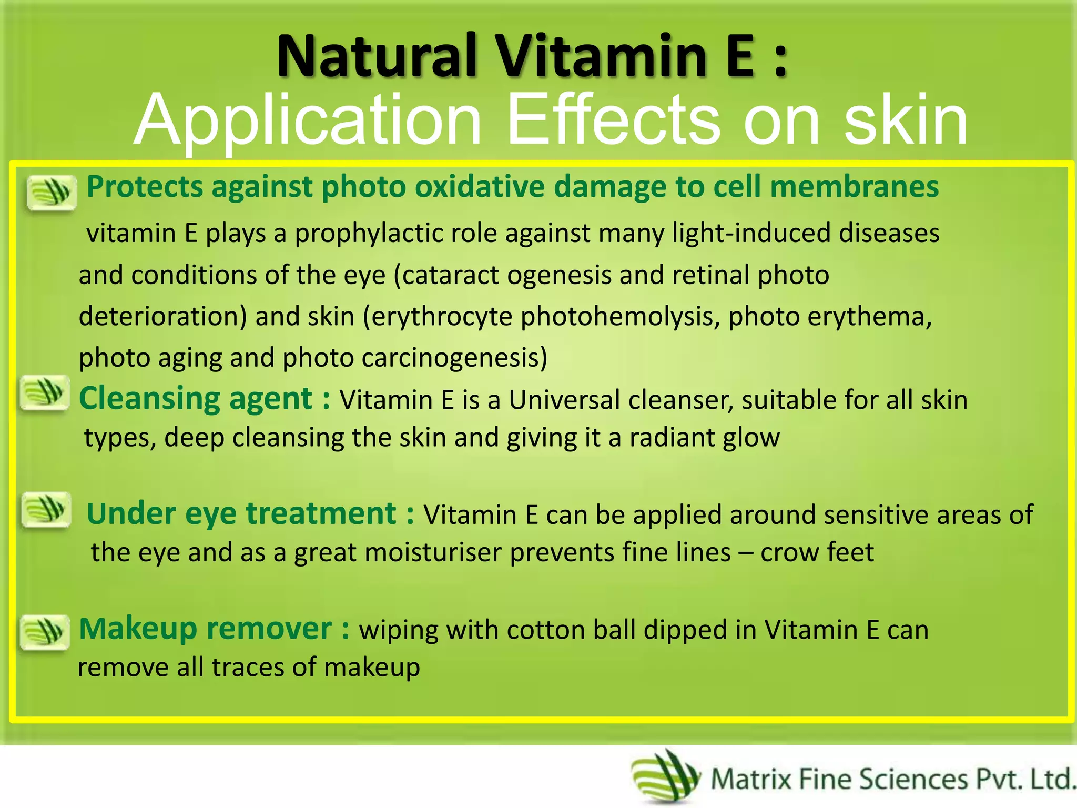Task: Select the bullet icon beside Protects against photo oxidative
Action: click(51, 193)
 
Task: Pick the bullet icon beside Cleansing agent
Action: click(44, 392)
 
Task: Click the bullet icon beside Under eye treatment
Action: click(46, 509)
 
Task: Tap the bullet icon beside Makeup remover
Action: click(44, 632)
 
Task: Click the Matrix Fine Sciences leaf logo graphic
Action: click(666, 776)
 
